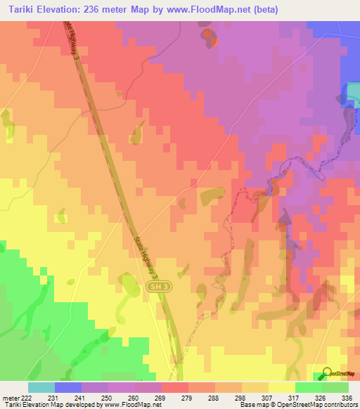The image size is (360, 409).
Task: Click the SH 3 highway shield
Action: pos(160,287)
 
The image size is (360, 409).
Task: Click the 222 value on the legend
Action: pos(27,398)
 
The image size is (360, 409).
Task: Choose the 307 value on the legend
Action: pos(255,398)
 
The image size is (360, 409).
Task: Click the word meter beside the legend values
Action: pos(10,398)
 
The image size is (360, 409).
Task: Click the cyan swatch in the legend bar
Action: pos(41,387)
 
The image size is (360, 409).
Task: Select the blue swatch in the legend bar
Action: pos(68,387)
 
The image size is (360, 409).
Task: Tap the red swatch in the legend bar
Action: pos(175,387)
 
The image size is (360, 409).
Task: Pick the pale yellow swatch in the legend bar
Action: pos(282,387)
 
